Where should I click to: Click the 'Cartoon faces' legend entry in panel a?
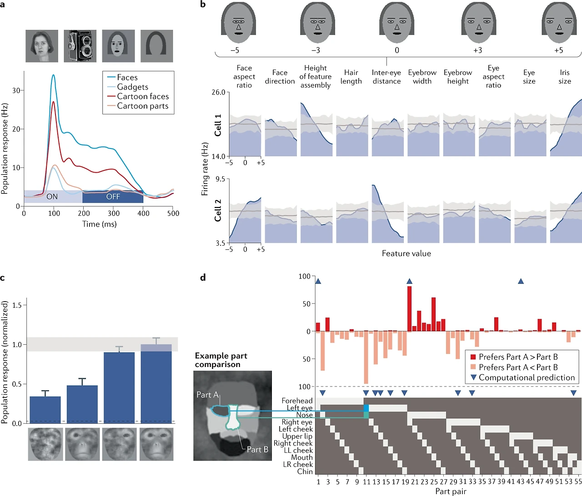click(x=143, y=96)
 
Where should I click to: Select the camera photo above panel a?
click(x=80, y=46)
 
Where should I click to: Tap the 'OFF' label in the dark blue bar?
click(x=113, y=197)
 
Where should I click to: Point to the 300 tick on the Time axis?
click(x=114, y=213)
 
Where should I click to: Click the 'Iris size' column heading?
click(x=565, y=77)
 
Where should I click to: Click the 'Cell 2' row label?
click(x=218, y=210)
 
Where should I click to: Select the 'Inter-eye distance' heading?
click(x=386, y=77)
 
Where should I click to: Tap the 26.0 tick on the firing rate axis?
click(x=218, y=92)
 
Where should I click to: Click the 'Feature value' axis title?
click(x=406, y=253)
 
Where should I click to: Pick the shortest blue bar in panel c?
click(x=45, y=409)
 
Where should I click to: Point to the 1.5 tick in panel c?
click(x=17, y=305)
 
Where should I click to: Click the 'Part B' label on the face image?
click(x=257, y=449)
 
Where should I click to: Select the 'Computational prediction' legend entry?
click(x=527, y=377)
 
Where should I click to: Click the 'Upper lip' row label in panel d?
click(x=297, y=436)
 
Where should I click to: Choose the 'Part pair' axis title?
click(x=451, y=491)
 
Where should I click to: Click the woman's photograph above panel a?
click(x=42, y=46)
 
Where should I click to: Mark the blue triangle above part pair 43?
click(x=521, y=282)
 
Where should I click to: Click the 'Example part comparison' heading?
click(x=221, y=360)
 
